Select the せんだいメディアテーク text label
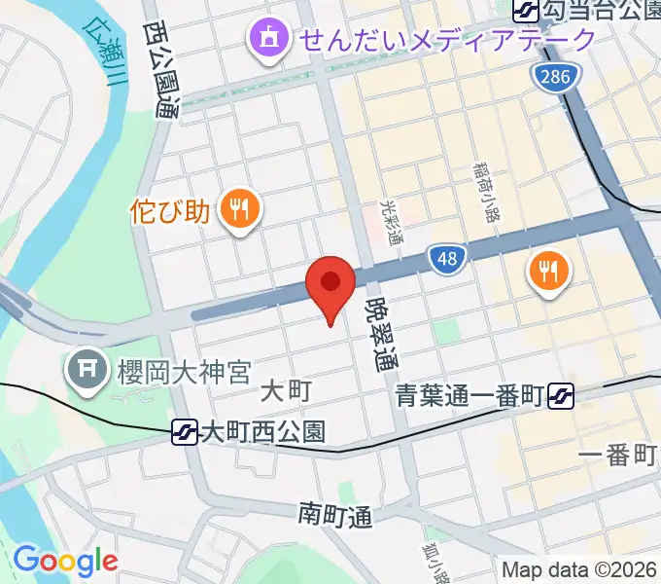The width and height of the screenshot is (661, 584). click(446, 40)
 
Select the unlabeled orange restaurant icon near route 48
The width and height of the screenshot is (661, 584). click(549, 270)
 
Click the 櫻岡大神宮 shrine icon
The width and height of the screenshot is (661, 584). click(85, 370)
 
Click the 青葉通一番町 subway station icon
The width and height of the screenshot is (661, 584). click(560, 396)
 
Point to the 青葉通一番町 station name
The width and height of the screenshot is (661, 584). click(469, 396)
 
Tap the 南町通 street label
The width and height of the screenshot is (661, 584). click(334, 513)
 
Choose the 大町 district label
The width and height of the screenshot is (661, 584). click(286, 391)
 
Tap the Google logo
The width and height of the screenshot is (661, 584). click(65, 561)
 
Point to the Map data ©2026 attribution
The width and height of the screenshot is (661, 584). click(579, 569)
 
